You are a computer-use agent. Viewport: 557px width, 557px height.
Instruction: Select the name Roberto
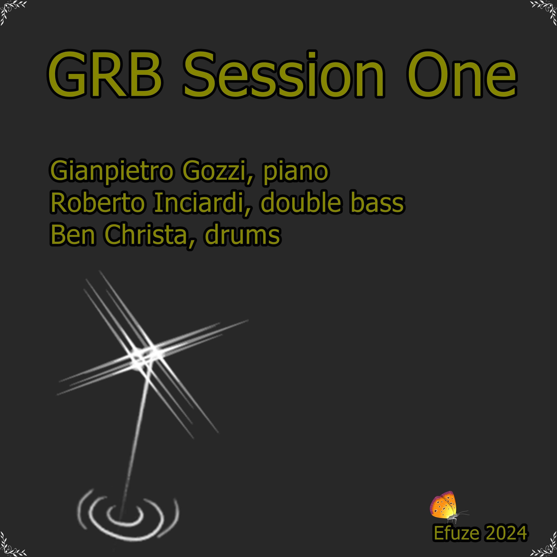[97, 203]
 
